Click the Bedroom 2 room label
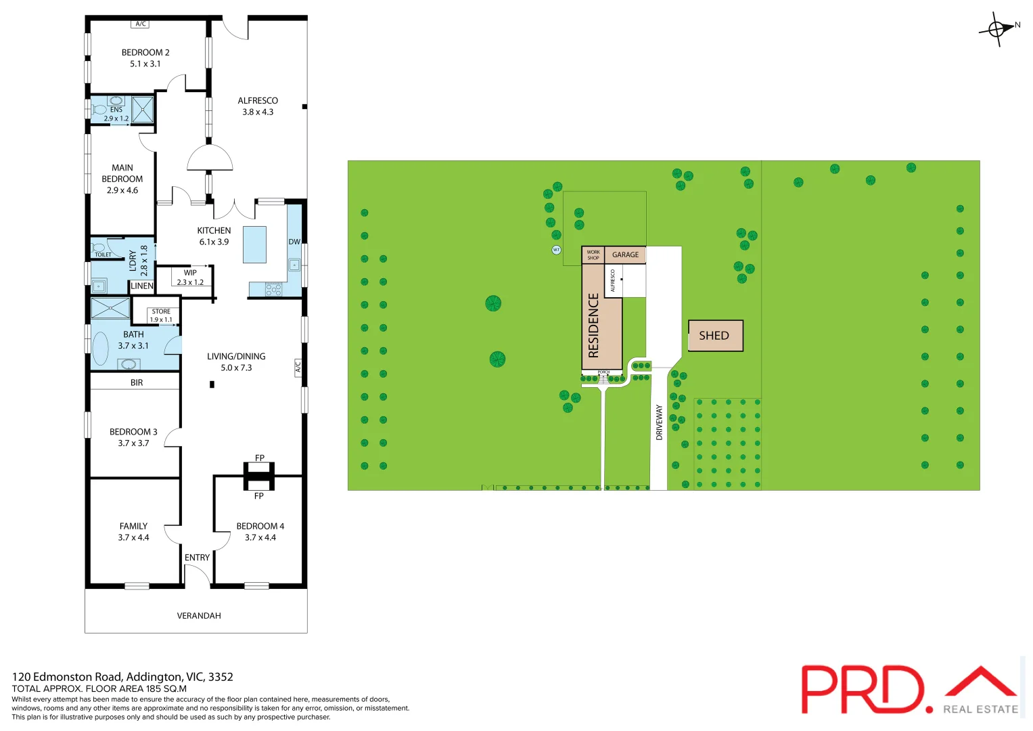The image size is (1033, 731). click(145, 58)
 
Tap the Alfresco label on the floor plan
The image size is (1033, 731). click(258, 106)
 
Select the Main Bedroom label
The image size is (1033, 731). click(122, 179)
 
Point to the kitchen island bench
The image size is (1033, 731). click(255, 244)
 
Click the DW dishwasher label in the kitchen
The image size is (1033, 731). click(294, 242)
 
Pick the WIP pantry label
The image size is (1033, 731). click(190, 278)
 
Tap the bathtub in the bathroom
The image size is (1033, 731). click(100, 349)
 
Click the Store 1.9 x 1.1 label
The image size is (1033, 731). click(161, 315)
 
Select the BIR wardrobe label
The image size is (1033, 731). click(137, 382)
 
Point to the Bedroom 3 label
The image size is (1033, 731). click(133, 437)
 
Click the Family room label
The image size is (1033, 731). click(133, 531)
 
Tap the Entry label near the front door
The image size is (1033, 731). click(197, 558)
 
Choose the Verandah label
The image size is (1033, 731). click(199, 616)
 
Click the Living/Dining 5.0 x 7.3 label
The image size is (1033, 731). click(236, 362)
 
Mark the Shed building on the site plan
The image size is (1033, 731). click(715, 336)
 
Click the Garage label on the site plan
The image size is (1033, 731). click(625, 255)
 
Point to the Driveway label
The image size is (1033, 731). click(660, 422)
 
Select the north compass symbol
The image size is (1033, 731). click(998, 28)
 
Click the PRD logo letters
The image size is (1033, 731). click(863, 688)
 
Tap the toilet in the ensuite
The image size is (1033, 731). click(100, 110)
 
